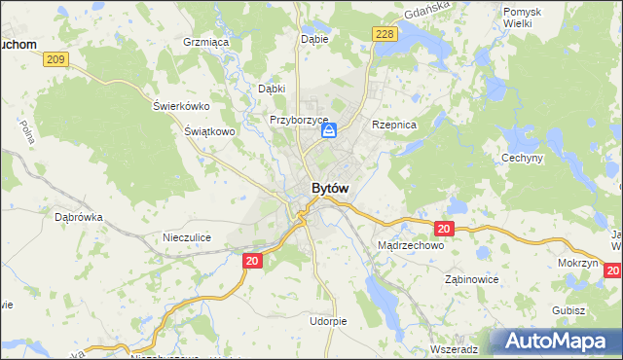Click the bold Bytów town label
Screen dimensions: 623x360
click(330, 188)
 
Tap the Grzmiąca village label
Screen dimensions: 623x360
click(204, 43)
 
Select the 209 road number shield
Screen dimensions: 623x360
click(56, 60)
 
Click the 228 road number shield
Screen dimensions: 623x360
click(384, 34)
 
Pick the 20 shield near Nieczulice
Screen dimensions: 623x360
click(252, 261)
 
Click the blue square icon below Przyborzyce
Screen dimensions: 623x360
click(330, 130)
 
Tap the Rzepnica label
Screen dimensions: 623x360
click(394, 125)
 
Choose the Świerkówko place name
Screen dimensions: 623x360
click(182, 106)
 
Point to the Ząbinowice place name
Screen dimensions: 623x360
click(471, 278)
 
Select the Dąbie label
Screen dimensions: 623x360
click(315, 40)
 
